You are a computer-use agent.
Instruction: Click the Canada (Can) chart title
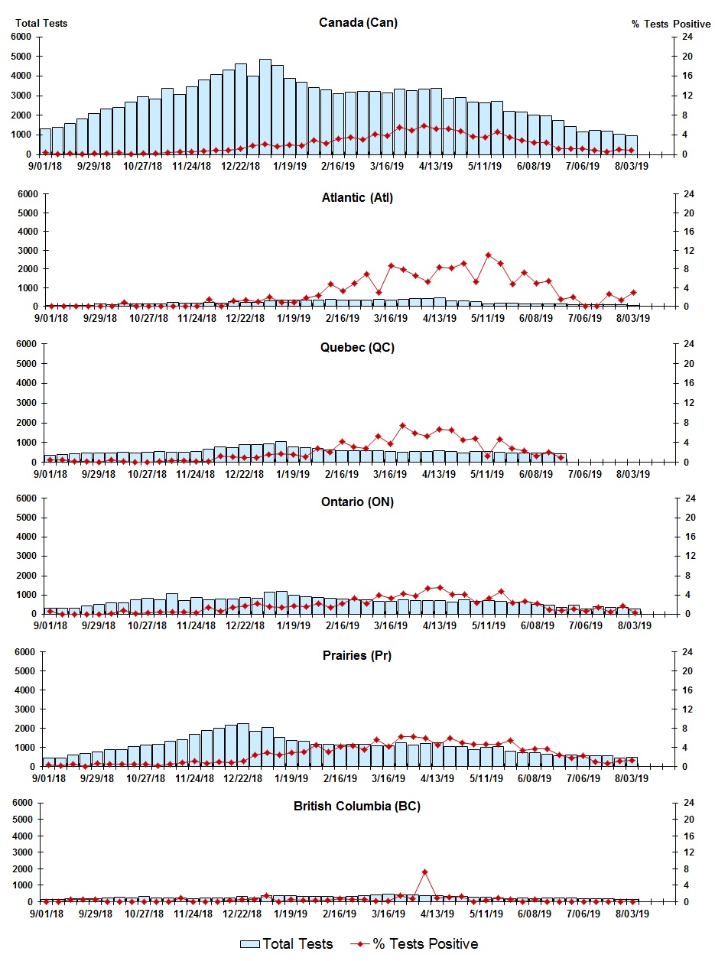pyautogui.click(x=358, y=22)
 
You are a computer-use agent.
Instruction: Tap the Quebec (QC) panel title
pyautogui.click(x=358, y=347)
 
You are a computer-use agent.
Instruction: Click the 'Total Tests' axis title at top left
pyautogui.click(x=41, y=23)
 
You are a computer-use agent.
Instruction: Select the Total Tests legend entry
pyautogui.click(x=288, y=944)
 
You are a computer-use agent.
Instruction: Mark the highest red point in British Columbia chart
pyautogui.click(x=424, y=872)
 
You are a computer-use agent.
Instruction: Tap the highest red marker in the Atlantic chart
pyautogui.click(x=488, y=255)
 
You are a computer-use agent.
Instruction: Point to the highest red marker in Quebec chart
pyautogui.click(x=402, y=425)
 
